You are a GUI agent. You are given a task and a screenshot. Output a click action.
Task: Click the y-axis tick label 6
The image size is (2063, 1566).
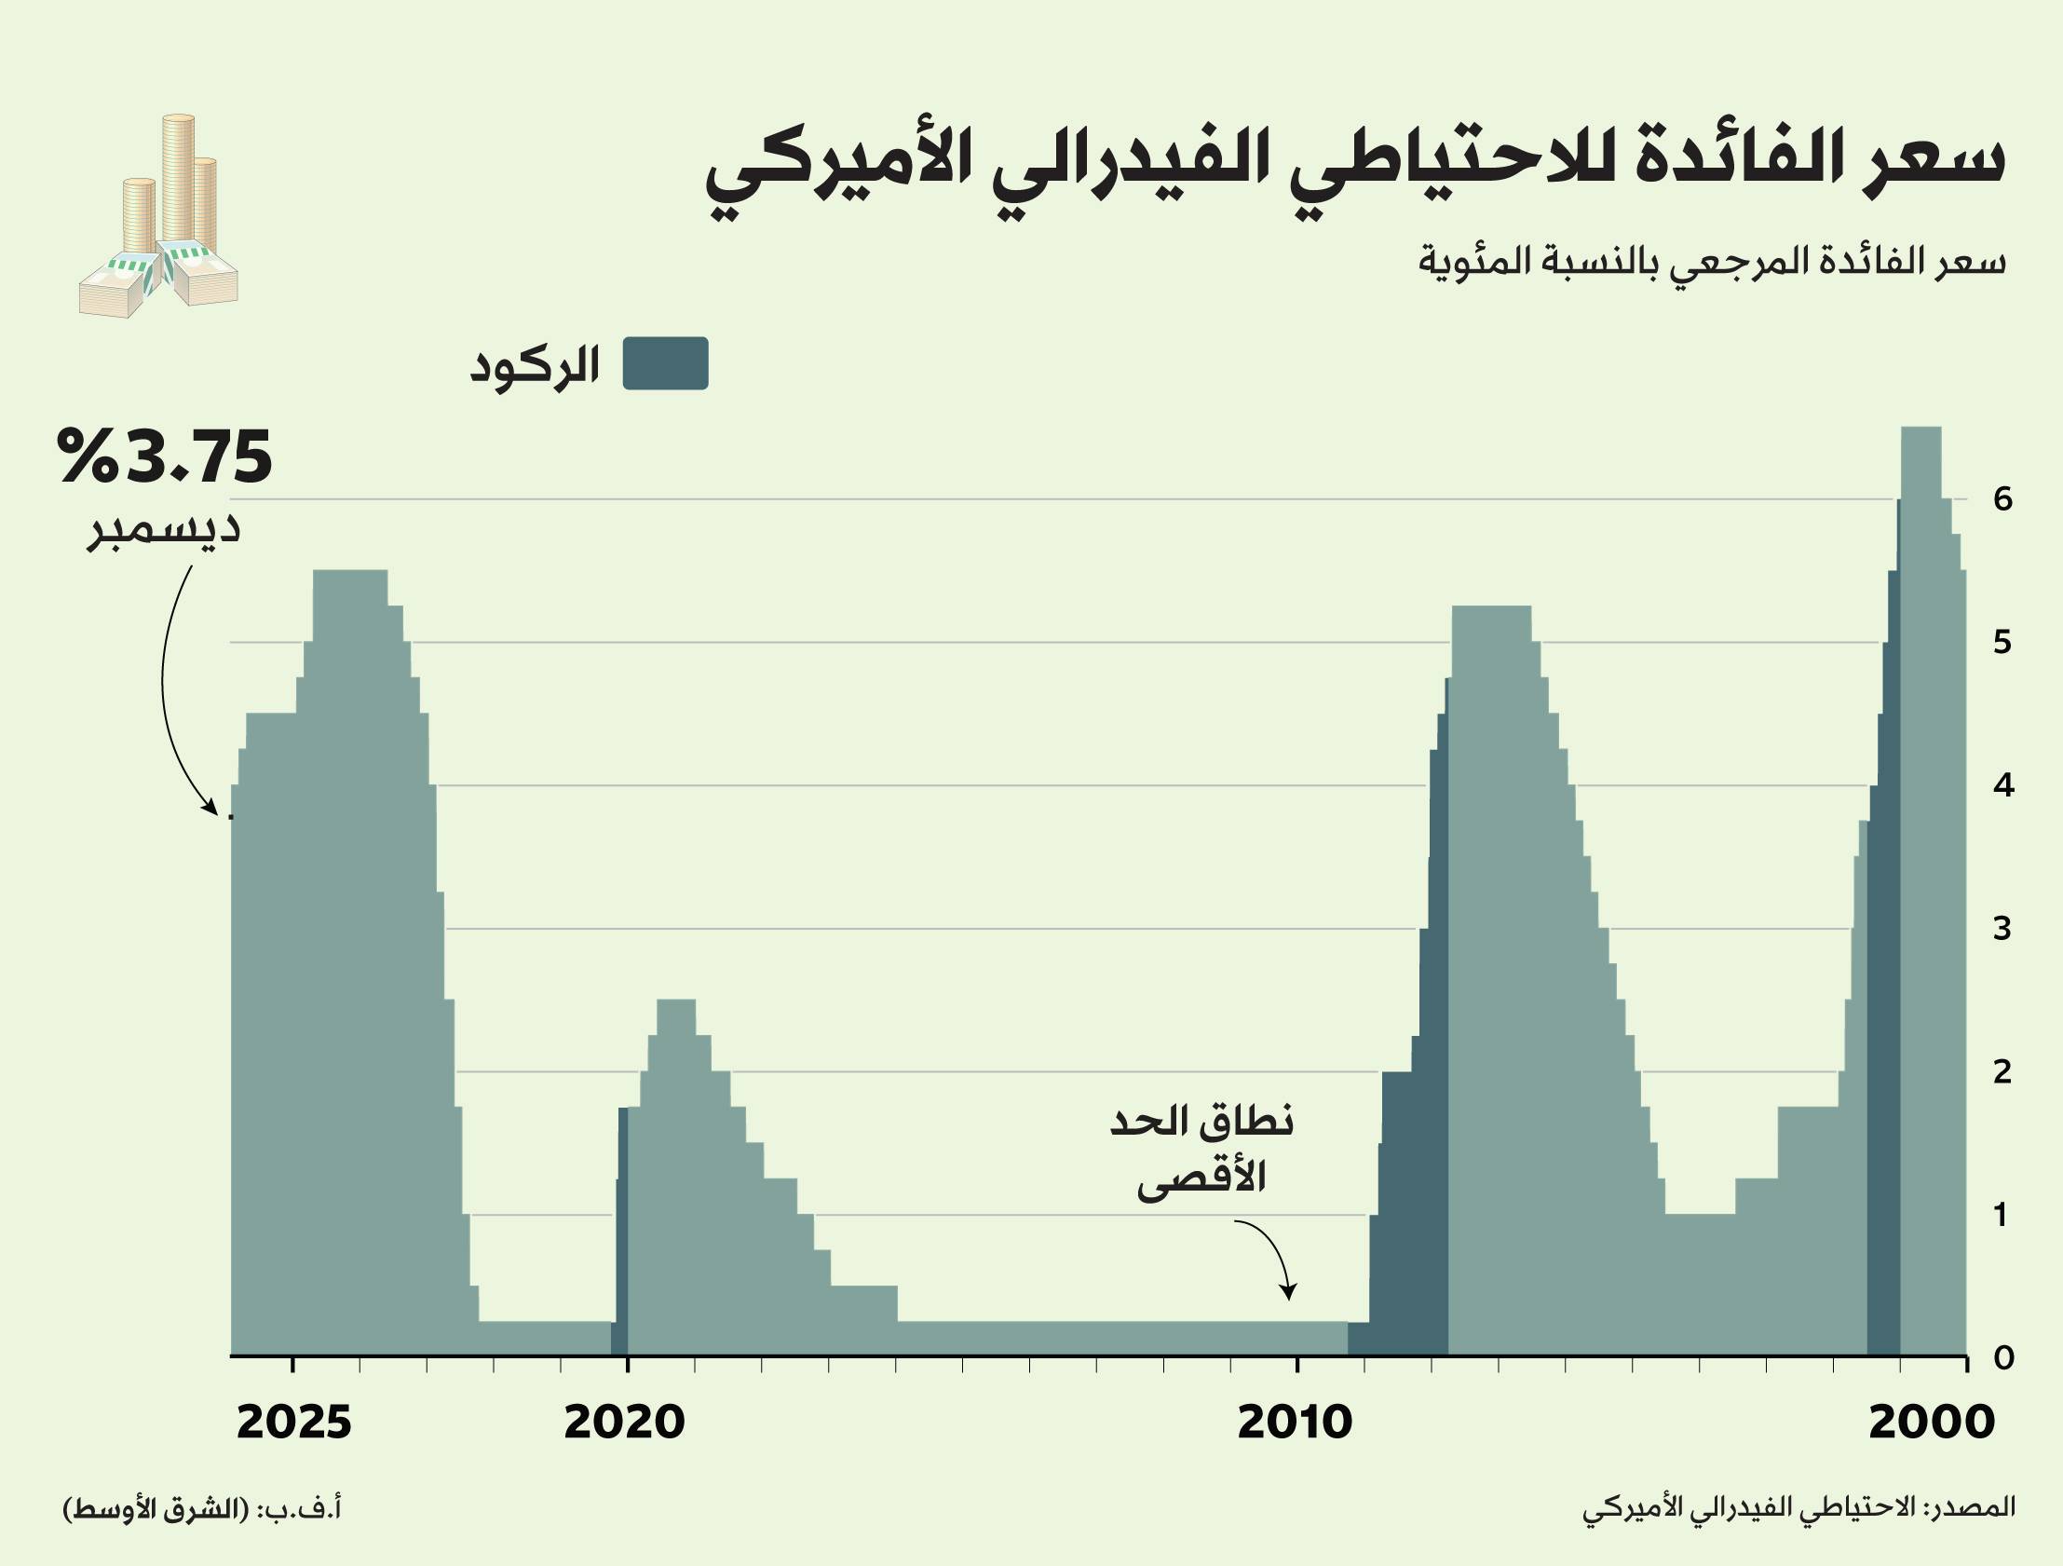click(2002, 499)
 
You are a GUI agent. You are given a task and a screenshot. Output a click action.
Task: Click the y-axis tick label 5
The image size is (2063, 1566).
click(2002, 643)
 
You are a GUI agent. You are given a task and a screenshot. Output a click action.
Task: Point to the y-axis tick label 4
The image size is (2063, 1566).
click(2002, 785)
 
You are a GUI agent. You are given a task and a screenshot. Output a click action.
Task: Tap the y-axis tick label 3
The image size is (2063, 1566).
click(2002, 929)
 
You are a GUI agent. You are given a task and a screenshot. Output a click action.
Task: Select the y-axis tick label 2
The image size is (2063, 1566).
click(2002, 1071)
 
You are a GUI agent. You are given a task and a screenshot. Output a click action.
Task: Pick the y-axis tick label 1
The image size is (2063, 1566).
click(2002, 1215)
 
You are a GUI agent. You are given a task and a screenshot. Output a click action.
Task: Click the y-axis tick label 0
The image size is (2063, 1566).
click(2002, 1358)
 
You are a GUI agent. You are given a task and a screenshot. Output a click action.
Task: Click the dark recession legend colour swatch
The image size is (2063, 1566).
click(665, 362)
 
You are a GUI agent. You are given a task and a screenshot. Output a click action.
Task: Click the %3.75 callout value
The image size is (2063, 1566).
click(164, 457)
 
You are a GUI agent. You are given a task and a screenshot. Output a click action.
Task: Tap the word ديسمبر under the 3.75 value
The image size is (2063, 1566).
click(164, 530)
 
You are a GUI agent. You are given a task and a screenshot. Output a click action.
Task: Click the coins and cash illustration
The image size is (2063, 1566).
click(158, 217)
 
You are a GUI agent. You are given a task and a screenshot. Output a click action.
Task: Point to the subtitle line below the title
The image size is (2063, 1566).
click(1711, 261)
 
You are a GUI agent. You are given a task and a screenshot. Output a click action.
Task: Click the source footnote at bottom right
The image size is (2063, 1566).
click(1799, 1508)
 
